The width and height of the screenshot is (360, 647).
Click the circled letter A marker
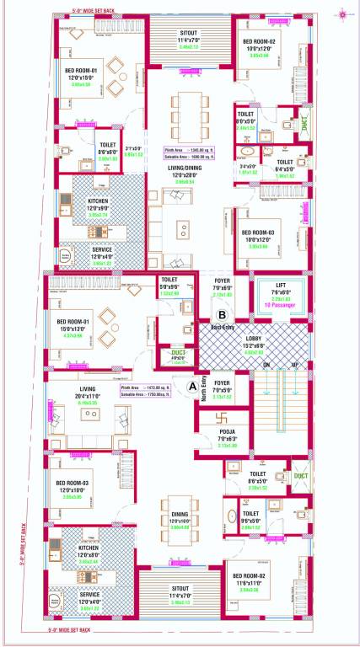tap(194, 385)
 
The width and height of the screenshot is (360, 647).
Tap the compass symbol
tap(343, 12)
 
